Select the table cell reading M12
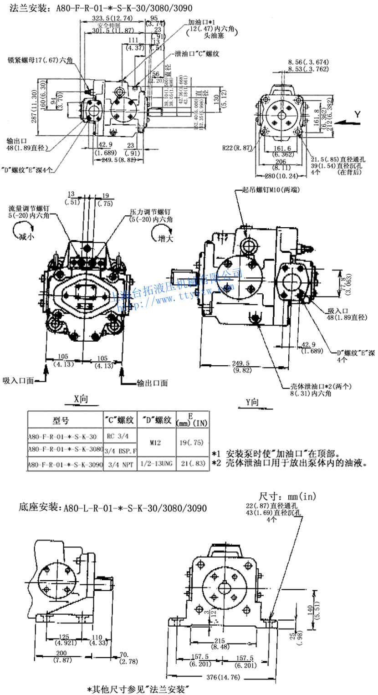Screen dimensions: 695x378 pos(156,441)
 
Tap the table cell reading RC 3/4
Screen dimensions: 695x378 pos(118,435)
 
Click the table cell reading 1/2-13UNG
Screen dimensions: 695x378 pos(156,465)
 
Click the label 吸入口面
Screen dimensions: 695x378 pos(18,380)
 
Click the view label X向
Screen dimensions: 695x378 pos(81,399)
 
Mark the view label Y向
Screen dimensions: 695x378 pos(252,402)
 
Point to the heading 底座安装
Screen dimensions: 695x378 pos(38,507)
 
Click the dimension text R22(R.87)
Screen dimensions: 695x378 pos(237,148)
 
